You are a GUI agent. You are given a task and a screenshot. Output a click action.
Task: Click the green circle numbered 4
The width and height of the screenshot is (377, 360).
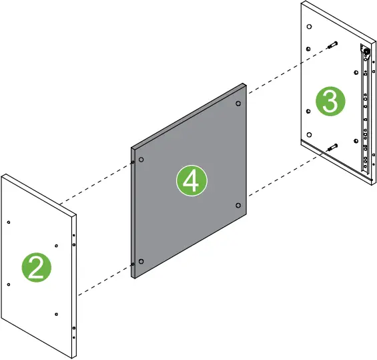click(192, 182)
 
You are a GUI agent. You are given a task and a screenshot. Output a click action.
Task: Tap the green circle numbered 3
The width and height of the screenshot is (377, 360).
click(331, 102)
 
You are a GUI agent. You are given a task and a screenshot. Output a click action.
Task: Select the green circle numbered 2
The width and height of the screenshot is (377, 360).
click(38, 267)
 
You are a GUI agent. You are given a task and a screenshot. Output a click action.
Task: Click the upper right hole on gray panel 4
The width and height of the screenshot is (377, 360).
click(238, 104)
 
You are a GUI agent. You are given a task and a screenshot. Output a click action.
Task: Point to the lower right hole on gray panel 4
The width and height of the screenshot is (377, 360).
click(238, 204)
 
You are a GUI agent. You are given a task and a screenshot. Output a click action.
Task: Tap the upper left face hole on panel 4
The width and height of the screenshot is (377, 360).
click(142, 160)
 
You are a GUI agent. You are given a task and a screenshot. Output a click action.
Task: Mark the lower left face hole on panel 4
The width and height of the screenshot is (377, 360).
click(141, 260)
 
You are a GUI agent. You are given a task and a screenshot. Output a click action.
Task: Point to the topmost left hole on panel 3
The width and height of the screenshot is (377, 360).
click(308, 26)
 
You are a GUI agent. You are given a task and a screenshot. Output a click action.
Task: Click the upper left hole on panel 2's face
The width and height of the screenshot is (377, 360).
click(8, 222)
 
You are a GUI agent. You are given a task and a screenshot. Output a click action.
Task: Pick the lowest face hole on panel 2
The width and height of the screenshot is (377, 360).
click(57, 313)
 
